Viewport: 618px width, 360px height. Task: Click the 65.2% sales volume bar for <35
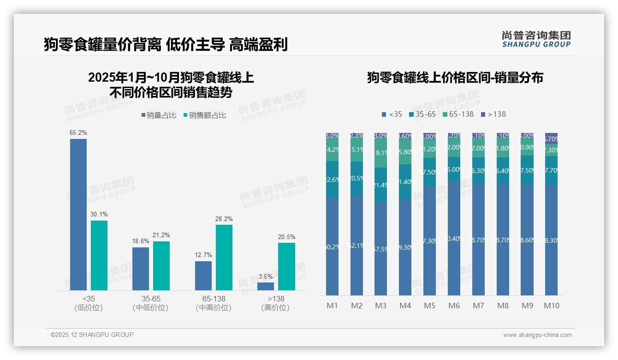coord(78,214)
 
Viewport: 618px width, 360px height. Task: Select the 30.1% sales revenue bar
coord(99,255)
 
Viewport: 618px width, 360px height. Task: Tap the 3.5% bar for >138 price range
coord(266,286)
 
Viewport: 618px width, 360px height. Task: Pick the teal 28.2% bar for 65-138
coord(224,257)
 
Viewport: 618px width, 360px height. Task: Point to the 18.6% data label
coord(141,241)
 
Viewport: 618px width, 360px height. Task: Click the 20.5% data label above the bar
coord(286,237)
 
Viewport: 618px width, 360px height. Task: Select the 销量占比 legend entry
coord(159,115)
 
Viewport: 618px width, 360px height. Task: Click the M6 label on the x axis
coord(454,306)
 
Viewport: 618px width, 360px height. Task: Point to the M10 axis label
coord(551,306)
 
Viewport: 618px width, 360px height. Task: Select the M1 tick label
coord(332,306)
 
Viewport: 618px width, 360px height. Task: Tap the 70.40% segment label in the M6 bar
coord(454,239)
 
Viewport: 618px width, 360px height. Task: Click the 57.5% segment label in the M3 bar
coord(380,249)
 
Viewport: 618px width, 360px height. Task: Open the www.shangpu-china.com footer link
coord(537,335)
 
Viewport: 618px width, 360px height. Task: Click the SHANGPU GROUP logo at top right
coord(536,39)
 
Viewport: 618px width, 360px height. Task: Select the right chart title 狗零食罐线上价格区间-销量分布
coord(455,78)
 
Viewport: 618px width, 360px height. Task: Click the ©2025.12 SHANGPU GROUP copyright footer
coord(92,335)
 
